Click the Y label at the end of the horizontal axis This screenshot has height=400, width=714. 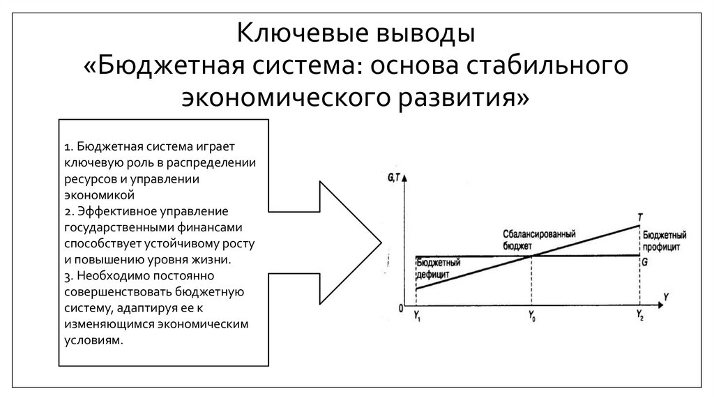tap(667, 298)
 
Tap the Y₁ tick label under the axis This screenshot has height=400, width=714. tap(416, 318)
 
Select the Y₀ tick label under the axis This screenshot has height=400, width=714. tap(531, 318)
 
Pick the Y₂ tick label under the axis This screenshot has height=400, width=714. tap(639, 318)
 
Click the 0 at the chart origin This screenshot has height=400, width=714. tap(401, 307)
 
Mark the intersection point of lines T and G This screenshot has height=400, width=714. tap(532, 256)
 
